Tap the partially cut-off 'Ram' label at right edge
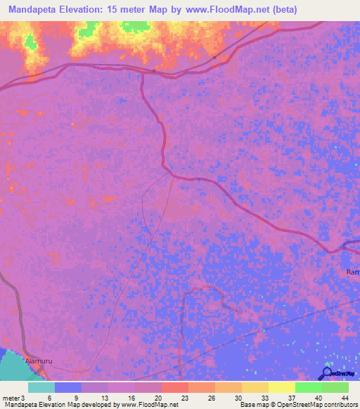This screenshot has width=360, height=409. click(353, 271)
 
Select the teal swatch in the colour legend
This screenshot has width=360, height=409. click(41, 387)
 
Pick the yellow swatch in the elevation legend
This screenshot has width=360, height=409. click(281, 387)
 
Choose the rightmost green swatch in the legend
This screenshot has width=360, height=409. click(335, 387)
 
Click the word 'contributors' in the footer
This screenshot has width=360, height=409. click(337, 405)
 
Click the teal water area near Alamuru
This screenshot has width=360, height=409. click(14, 365)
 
